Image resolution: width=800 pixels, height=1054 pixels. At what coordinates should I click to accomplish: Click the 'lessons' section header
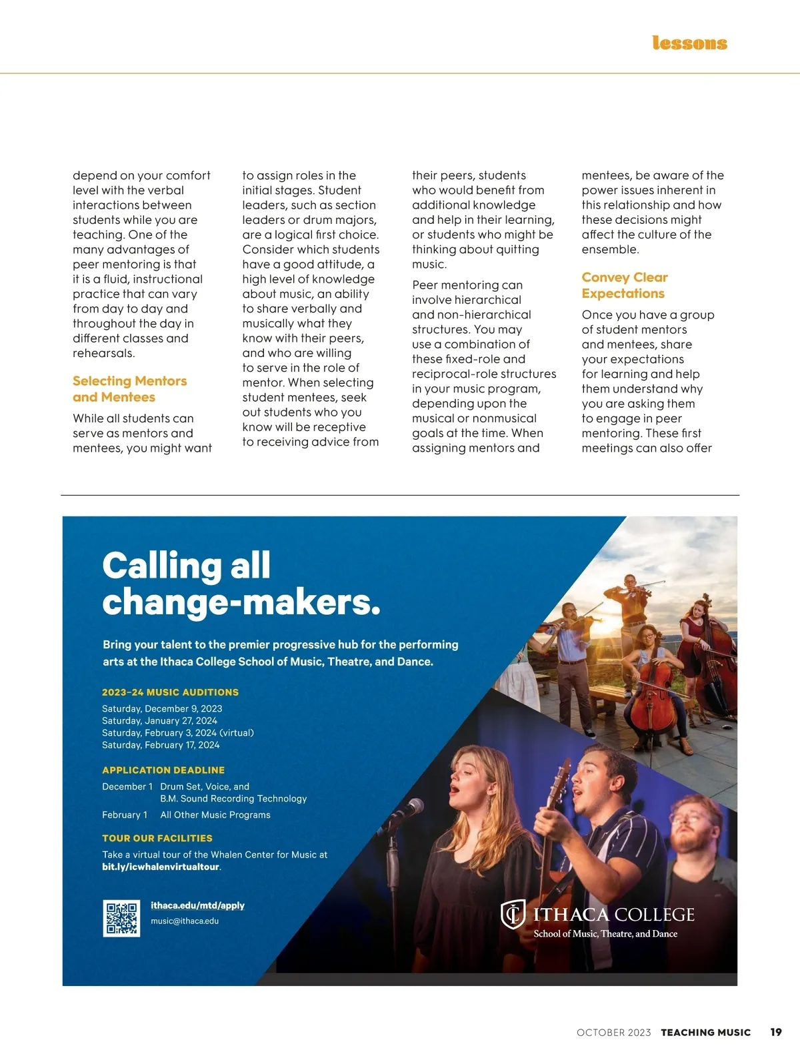(x=689, y=43)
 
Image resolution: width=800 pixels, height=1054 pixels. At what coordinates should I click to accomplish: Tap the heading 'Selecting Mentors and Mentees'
(x=129, y=389)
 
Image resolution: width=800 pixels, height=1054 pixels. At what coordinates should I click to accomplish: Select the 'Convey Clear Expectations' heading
(x=624, y=285)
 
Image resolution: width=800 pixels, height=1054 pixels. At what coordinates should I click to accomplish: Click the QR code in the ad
(x=121, y=918)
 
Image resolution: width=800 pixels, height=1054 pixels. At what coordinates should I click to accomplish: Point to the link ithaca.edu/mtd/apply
(x=197, y=905)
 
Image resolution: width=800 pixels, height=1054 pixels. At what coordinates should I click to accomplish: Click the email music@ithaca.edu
(x=185, y=921)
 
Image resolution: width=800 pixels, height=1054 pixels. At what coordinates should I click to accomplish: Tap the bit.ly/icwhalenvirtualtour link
(x=161, y=867)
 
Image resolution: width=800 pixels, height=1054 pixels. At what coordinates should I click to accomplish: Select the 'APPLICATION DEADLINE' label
(x=163, y=770)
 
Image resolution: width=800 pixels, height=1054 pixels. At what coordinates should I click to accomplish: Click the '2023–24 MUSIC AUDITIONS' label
(x=170, y=692)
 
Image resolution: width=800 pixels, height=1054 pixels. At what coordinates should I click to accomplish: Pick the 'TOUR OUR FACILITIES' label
(x=157, y=838)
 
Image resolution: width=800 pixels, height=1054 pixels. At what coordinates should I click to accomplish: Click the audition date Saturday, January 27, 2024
(x=159, y=721)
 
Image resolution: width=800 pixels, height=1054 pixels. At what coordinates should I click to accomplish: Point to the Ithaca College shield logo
(x=513, y=914)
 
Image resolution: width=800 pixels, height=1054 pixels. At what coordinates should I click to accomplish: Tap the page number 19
(x=776, y=1032)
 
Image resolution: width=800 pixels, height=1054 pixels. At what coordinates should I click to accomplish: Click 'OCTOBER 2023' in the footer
(x=613, y=1033)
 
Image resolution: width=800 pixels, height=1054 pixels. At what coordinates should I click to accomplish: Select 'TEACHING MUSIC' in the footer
(x=705, y=1033)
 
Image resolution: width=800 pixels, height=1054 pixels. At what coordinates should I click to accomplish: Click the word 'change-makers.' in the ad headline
(x=241, y=603)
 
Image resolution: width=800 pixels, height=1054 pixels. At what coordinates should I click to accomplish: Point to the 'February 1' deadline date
(x=125, y=815)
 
